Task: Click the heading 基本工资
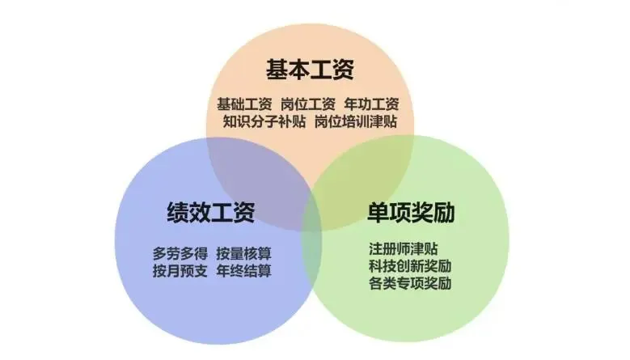(x=310, y=70)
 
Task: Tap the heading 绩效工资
(x=211, y=212)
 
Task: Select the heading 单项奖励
(x=411, y=212)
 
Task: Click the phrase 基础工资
(x=244, y=104)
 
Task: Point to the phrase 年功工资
(x=371, y=104)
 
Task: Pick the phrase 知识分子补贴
(x=264, y=121)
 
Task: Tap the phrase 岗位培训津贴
(x=356, y=121)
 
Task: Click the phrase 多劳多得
(x=180, y=253)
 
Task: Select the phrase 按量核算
(x=244, y=253)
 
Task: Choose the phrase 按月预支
(x=180, y=271)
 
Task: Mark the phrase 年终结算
(x=244, y=271)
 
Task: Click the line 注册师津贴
(x=403, y=248)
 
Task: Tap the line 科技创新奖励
(x=410, y=266)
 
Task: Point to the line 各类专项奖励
(x=410, y=283)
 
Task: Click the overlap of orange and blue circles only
(x=257, y=169)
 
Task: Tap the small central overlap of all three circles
(x=311, y=209)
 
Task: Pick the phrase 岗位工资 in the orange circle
(x=308, y=104)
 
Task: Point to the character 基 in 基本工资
(x=277, y=70)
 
